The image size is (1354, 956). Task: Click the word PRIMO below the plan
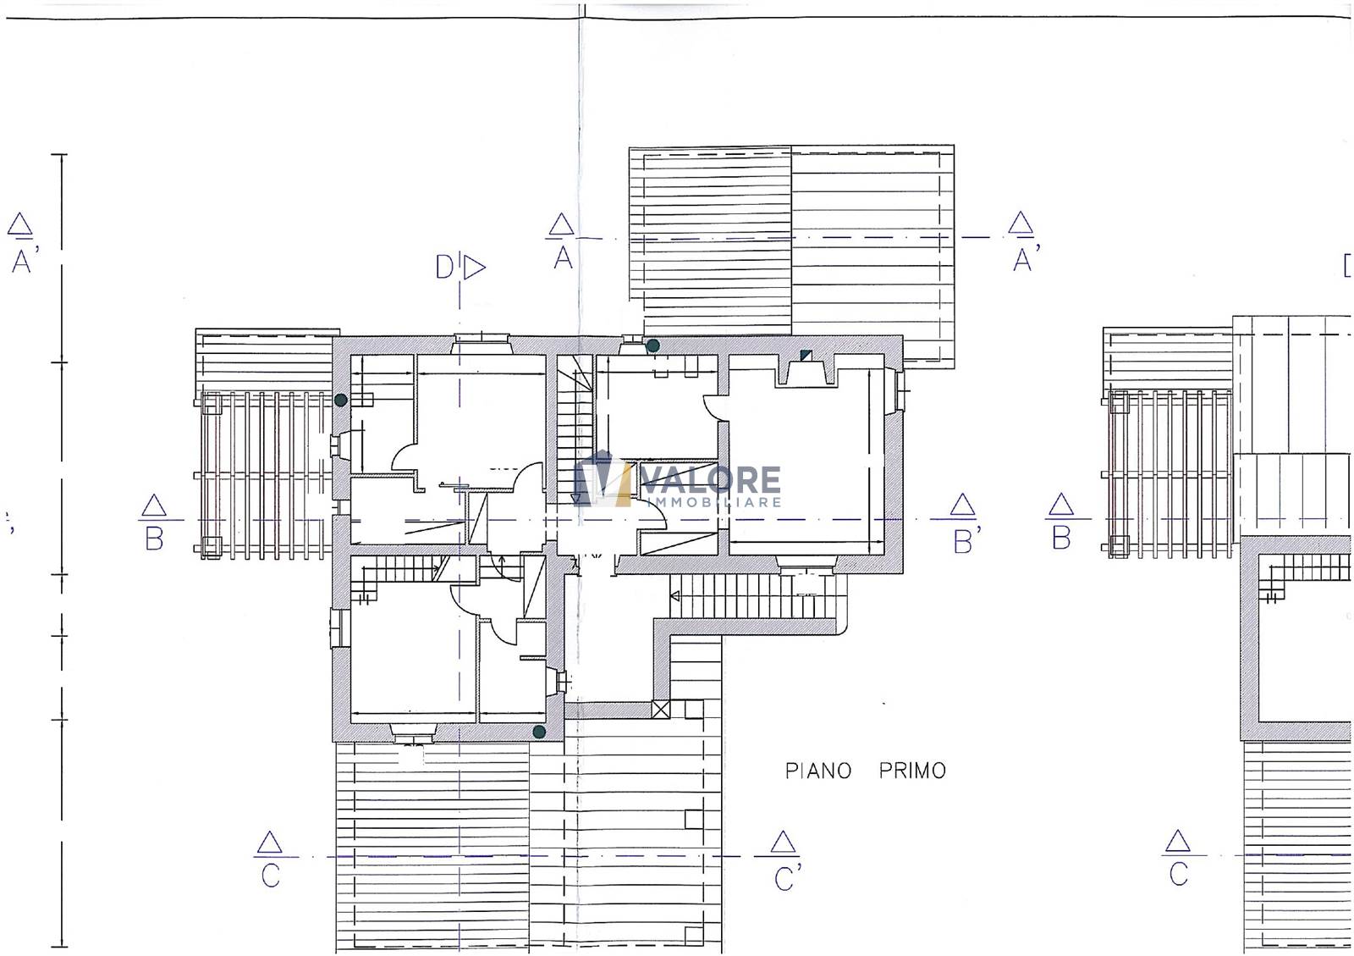(x=912, y=771)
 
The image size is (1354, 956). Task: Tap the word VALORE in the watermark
(x=711, y=481)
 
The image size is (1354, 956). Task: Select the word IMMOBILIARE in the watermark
(x=714, y=502)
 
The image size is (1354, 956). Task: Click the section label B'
(x=966, y=541)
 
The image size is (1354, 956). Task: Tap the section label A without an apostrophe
(x=564, y=258)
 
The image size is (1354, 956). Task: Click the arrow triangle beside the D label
(x=475, y=268)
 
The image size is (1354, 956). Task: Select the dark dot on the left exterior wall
(x=341, y=400)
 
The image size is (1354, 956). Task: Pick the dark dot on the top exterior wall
(x=652, y=345)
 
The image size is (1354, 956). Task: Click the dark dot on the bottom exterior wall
(x=539, y=732)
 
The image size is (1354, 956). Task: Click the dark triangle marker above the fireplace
(x=806, y=355)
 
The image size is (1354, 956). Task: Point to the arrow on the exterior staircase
(x=675, y=596)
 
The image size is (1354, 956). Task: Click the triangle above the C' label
(x=783, y=842)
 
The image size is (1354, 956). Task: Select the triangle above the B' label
(x=962, y=505)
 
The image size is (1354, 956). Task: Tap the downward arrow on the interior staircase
(x=576, y=498)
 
